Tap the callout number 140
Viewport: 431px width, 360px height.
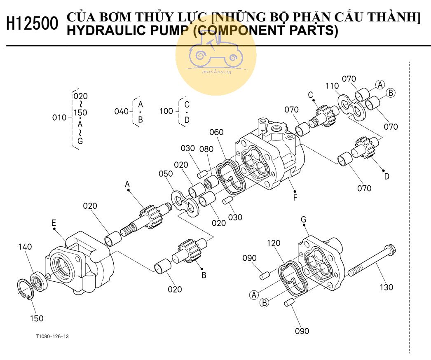click(25, 247)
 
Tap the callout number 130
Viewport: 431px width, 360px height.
click(386, 288)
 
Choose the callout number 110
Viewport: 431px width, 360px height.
click(332, 86)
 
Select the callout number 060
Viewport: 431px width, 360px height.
click(216, 132)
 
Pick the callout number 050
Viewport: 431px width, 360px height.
click(166, 174)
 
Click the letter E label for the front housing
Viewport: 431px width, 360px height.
click(54, 223)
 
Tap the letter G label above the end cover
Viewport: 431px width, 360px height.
click(303, 220)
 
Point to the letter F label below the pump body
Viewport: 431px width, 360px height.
click(295, 198)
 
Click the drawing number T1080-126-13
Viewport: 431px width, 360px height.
click(52, 337)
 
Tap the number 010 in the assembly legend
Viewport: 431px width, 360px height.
click(59, 118)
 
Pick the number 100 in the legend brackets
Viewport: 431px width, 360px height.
click(166, 111)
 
